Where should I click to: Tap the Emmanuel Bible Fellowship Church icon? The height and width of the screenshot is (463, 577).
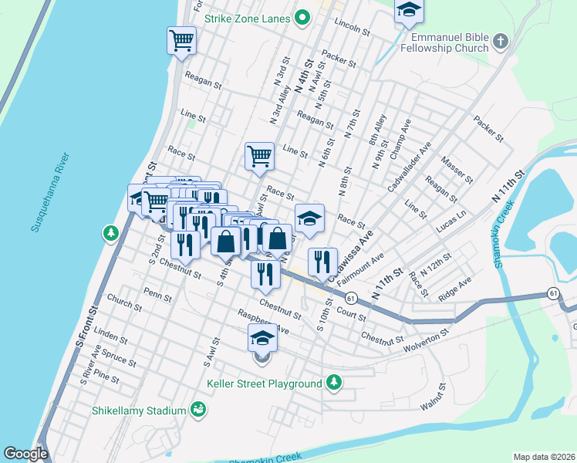[501, 42]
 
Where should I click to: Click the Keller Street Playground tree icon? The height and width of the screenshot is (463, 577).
[334, 383]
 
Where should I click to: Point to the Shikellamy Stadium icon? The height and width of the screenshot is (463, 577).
[198, 409]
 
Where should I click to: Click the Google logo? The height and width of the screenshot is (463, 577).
[25, 454]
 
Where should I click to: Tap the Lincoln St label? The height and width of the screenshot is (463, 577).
[353, 25]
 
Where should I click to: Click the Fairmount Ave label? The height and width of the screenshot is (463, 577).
[360, 269]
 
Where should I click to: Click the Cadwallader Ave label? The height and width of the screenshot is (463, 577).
[410, 169]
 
